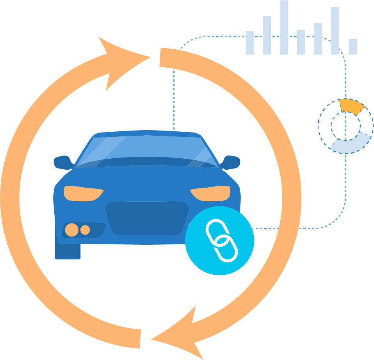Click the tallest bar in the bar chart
coord(284,27)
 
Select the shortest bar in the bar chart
coord(353,47)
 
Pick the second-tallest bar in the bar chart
coord(335,31)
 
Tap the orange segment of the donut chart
coord(351,106)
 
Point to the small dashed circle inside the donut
coord(346,126)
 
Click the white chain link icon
coord(221,240)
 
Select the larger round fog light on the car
coord(72,230)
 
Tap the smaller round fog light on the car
coord(85,230)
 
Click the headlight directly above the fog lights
coord(83,193)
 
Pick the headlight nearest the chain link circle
coord(211,193)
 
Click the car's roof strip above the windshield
coord(146,133)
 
